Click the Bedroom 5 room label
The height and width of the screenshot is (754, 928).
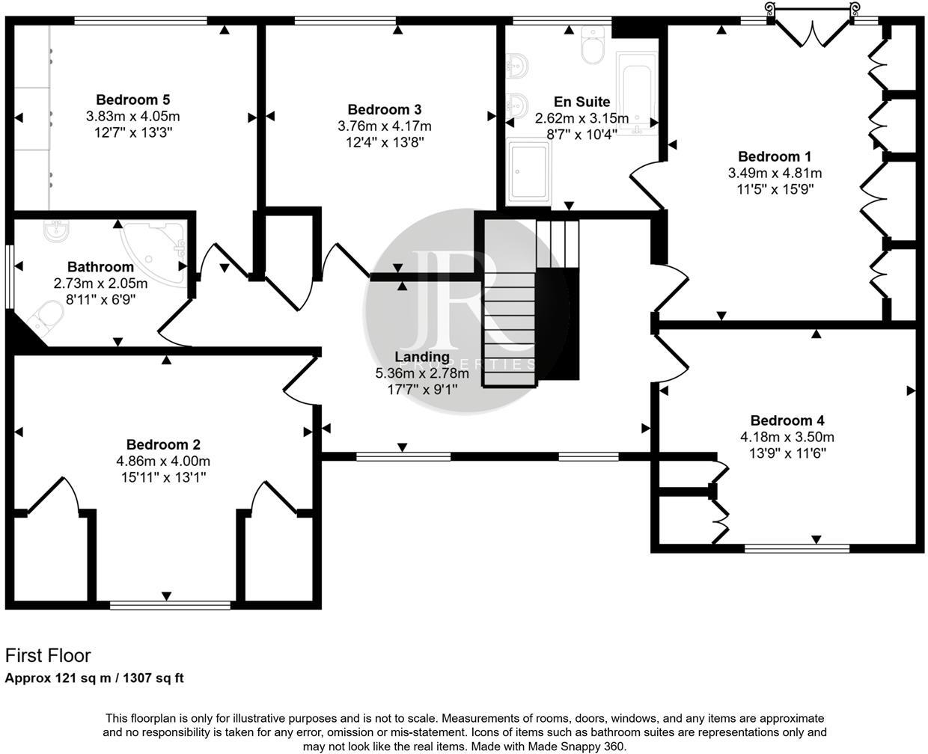pyautogui.click(x=133, y=99)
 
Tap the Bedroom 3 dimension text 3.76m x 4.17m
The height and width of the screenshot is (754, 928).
pyautogui.click(x=384, y=126)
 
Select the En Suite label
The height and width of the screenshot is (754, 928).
pyautogui.click(x=581, y=102)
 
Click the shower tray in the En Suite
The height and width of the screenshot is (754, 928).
pyautogui.click(x=528, y=171)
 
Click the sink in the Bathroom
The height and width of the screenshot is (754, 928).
pyautogui.click(x=55, y=231)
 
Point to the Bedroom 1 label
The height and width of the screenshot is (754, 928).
pyautogui.click(x=775, y=156)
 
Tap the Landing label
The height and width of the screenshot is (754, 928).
pyautogui.click(x=421, y=357)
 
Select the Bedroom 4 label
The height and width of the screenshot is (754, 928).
pyautogui.click(x=787, y=420)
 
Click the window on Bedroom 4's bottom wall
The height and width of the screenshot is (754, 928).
pyautogui.click(x=796, y=548)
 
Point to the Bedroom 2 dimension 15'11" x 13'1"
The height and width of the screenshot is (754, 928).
pyautogui.click(x=162, y=476)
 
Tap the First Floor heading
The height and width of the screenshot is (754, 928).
pyautogui.click(x=48, y=656)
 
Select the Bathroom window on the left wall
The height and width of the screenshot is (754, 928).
pyautogui.click(x=9, y=277)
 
